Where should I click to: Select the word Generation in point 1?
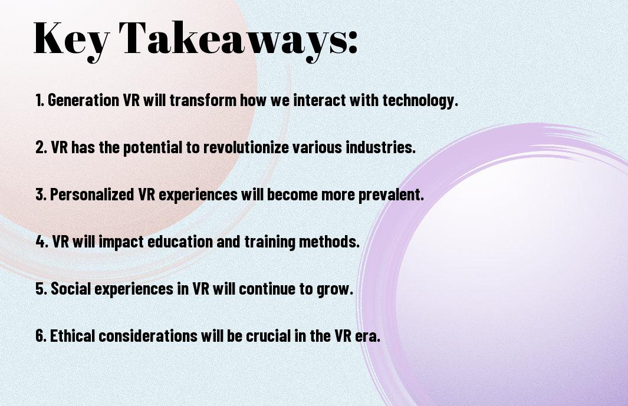coord(83,100)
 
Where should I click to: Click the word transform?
coord(203,100)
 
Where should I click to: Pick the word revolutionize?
coord(246,147)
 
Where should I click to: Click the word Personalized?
coord(92,194)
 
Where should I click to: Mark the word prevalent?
coord(391,195)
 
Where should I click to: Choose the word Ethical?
coord(72,335)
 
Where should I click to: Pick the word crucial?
coord(268,335)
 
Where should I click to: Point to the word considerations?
coord(148,335)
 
